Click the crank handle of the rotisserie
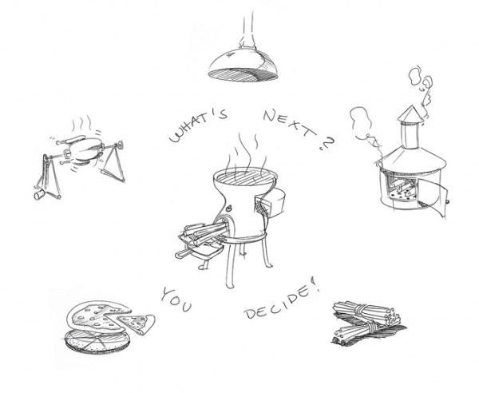click(38, 193)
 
